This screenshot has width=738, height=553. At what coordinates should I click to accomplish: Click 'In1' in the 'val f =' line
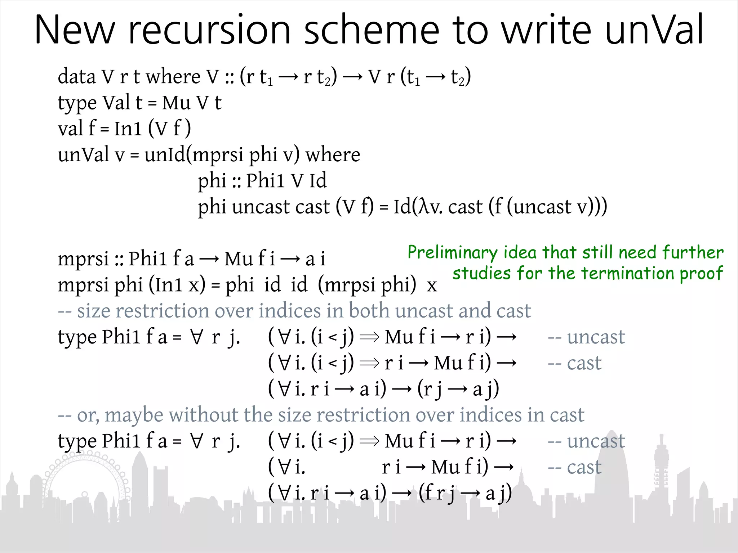(x=128, y=129)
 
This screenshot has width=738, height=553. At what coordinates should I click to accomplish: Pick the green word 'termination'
(x=628, y=273)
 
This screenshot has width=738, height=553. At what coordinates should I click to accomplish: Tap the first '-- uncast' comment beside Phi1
(x=586, y=337)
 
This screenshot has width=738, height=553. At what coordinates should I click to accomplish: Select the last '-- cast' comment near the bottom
(x=574, y=467)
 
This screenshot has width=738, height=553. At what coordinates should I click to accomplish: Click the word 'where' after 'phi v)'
(x=333, y=155)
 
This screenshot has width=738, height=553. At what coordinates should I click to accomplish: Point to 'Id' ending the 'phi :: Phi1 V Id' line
(x=318, y=180)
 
